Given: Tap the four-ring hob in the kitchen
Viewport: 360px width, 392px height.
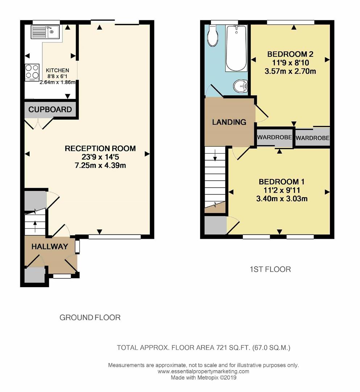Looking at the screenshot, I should pos(32,72).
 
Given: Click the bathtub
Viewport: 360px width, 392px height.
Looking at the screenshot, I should pos(236,48).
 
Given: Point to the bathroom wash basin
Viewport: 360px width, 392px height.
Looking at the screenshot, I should pos(240,86).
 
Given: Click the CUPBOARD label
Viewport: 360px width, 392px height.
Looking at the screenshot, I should pos(50,110).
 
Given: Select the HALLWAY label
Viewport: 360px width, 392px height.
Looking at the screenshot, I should pos(50,247).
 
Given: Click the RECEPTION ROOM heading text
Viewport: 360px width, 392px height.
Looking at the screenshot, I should pos(100,148).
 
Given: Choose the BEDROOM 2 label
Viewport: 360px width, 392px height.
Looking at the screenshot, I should pos(290,54).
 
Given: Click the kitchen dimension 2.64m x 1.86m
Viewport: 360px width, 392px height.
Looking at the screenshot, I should pos(58,82).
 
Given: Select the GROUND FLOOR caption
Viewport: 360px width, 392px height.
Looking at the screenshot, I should pos(90,318).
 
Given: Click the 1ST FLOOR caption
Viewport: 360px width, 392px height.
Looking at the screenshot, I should pos(270,269).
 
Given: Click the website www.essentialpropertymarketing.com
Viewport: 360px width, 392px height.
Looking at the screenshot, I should pos(203,372).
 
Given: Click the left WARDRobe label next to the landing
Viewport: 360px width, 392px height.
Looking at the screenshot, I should pos(274,138).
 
